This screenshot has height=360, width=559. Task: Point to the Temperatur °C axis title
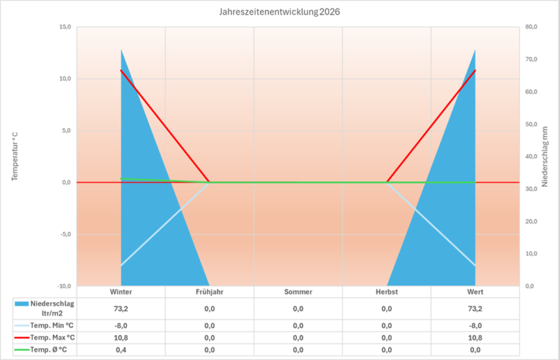(x=15, y=156)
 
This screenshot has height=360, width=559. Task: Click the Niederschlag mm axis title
(x=545, y=156)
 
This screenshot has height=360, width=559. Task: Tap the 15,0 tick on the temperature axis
(x=65, y=27)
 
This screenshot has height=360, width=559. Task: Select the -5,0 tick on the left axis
(x=64, y=234)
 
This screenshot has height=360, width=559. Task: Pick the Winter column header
(x=121, y=292)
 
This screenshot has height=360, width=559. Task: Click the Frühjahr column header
(x=209, y=292)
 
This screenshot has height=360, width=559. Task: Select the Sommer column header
(x=298, y=292)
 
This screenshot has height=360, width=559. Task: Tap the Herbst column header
(x=387, y=292)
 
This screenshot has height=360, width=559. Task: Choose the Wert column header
(x=475, y=292)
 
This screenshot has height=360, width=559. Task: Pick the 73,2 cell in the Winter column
(x=121, y=308)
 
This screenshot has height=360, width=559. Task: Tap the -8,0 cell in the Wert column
(x=475, y=325)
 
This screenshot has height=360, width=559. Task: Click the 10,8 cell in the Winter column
(x=121, y=337)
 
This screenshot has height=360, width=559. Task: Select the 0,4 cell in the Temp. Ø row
(x=121, y=349)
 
